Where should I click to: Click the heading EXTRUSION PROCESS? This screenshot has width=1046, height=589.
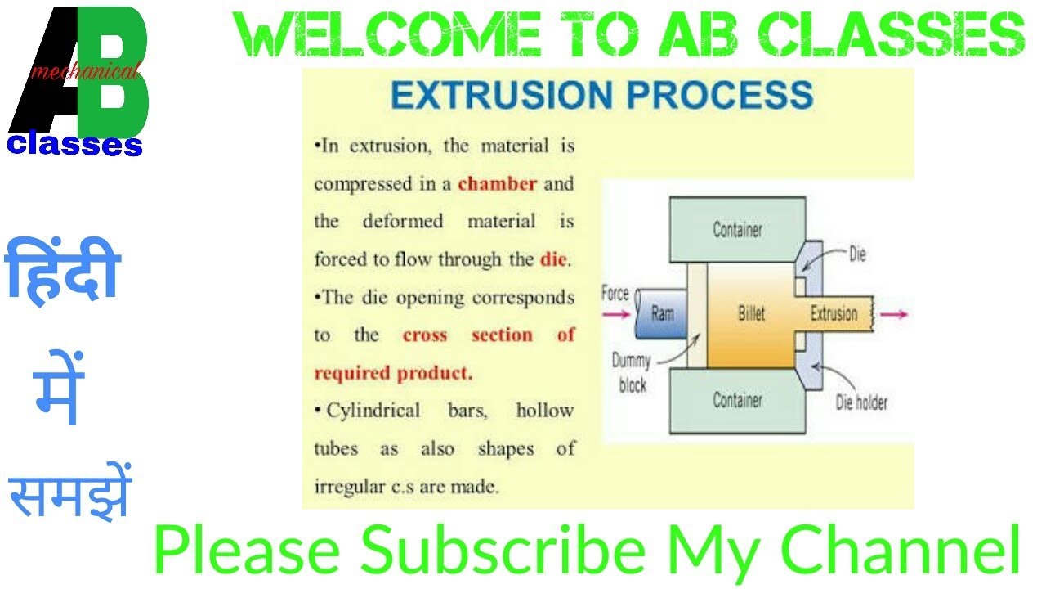click(x=601, y=95)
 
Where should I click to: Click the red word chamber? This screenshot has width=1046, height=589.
click(x=497, y=184)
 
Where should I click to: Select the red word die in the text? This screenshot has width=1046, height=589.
click(x=553, y=261)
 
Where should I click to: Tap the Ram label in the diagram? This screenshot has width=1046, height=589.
click(x=662, y=313)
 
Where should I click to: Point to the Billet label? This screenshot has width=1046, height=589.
click(x=750, y=314)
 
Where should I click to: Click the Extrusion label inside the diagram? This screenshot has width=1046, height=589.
click(x=833, y=314)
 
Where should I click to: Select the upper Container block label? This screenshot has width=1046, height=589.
click(x=737, y=230)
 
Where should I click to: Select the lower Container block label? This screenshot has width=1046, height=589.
click(x=737, y=400)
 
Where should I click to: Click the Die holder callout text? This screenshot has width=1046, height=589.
click(x=860, y=402)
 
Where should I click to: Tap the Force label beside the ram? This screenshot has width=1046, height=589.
click(x=615, y=292)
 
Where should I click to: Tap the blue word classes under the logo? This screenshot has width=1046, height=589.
click(x=75, y=145)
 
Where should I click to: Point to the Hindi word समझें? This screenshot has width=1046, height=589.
click(x=69, y=494)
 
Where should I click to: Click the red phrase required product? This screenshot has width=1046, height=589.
click(x=393, y=373)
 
